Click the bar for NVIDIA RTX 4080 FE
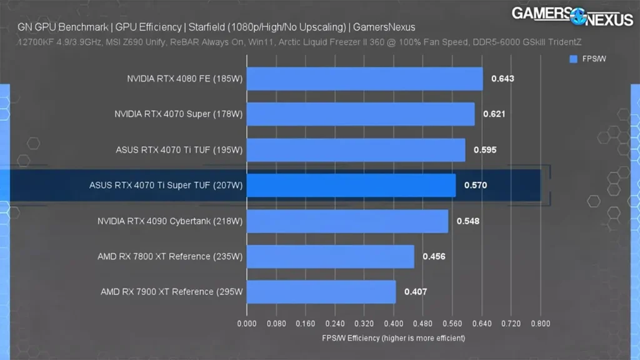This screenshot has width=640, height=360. coord(365,79)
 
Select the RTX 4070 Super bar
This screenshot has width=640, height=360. coord(361,114)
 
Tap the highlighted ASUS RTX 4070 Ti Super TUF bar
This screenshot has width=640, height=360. coord(351,186)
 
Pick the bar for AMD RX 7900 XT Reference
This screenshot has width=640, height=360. coord(321,292)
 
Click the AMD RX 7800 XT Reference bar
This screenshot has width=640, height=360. coord(331,256)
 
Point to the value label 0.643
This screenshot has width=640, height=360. coord(502,79)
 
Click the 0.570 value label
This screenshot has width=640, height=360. coord(475,186)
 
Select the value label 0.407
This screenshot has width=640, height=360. coord(416,292)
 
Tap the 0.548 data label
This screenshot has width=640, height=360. coord(468,221)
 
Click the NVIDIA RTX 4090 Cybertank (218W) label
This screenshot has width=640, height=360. coord(170,221)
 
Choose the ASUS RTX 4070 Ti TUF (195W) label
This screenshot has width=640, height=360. coord(179,150)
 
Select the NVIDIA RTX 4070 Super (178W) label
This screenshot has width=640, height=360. coord(178,114)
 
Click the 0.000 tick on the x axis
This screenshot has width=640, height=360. coord(247,324)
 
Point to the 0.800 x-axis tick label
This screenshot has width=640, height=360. coord(540,324)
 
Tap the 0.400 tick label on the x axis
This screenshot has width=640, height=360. coord(394,324)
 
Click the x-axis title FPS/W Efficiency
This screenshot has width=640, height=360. coord(393,338)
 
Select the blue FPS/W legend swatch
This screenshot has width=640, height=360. coord(573,59)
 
